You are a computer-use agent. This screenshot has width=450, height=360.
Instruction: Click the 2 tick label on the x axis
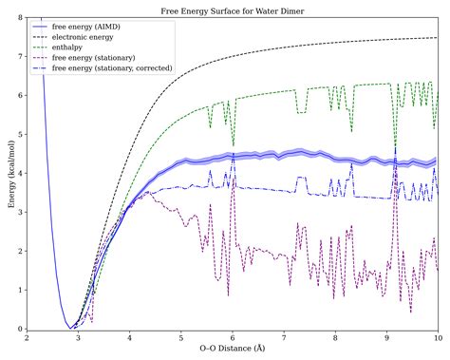click(28, 338)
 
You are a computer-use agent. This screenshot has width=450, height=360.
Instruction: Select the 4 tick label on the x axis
click(130, 338)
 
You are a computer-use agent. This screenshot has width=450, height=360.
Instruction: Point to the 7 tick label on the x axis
click(284, 338)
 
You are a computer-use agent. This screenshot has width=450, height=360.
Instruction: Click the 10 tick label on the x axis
click(437, 338)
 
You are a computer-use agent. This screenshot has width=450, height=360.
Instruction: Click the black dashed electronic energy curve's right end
click(437, 38)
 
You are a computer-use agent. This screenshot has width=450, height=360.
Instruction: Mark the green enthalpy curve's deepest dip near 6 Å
click(234, 145)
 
